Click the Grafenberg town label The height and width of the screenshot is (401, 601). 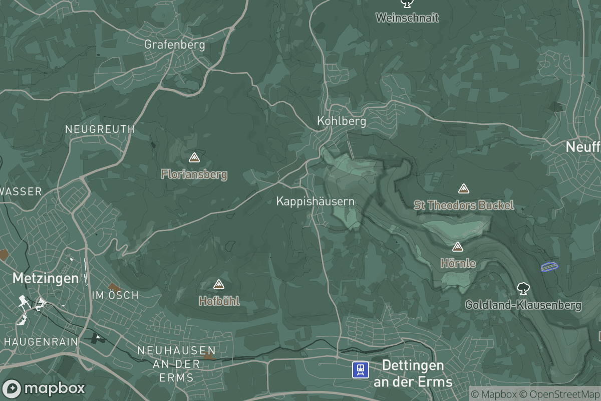(174, 45)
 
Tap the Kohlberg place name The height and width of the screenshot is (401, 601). (341, 121)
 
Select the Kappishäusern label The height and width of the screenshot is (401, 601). (315, 202)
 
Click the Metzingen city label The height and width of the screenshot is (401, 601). (46, 278)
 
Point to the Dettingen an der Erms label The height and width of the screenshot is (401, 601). (413, 373)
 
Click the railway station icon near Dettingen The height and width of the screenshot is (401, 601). (360, 370)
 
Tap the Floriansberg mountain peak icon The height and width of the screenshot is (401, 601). (194, 158)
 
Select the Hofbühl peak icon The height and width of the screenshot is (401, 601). (218, 285)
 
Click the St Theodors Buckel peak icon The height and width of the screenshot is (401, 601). (464, 189)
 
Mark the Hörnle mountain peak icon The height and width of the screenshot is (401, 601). (457, 247)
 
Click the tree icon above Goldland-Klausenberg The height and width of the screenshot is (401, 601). (523, 289)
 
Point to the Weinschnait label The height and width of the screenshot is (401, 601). (407, 18)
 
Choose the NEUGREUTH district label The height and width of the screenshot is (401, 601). (100, 129)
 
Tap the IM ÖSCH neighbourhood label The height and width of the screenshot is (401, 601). (115, 295)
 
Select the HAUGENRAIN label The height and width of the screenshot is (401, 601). (41, 341)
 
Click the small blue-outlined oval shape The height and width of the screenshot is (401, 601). (549, 266)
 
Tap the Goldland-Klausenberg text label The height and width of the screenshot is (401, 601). (523, 305)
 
